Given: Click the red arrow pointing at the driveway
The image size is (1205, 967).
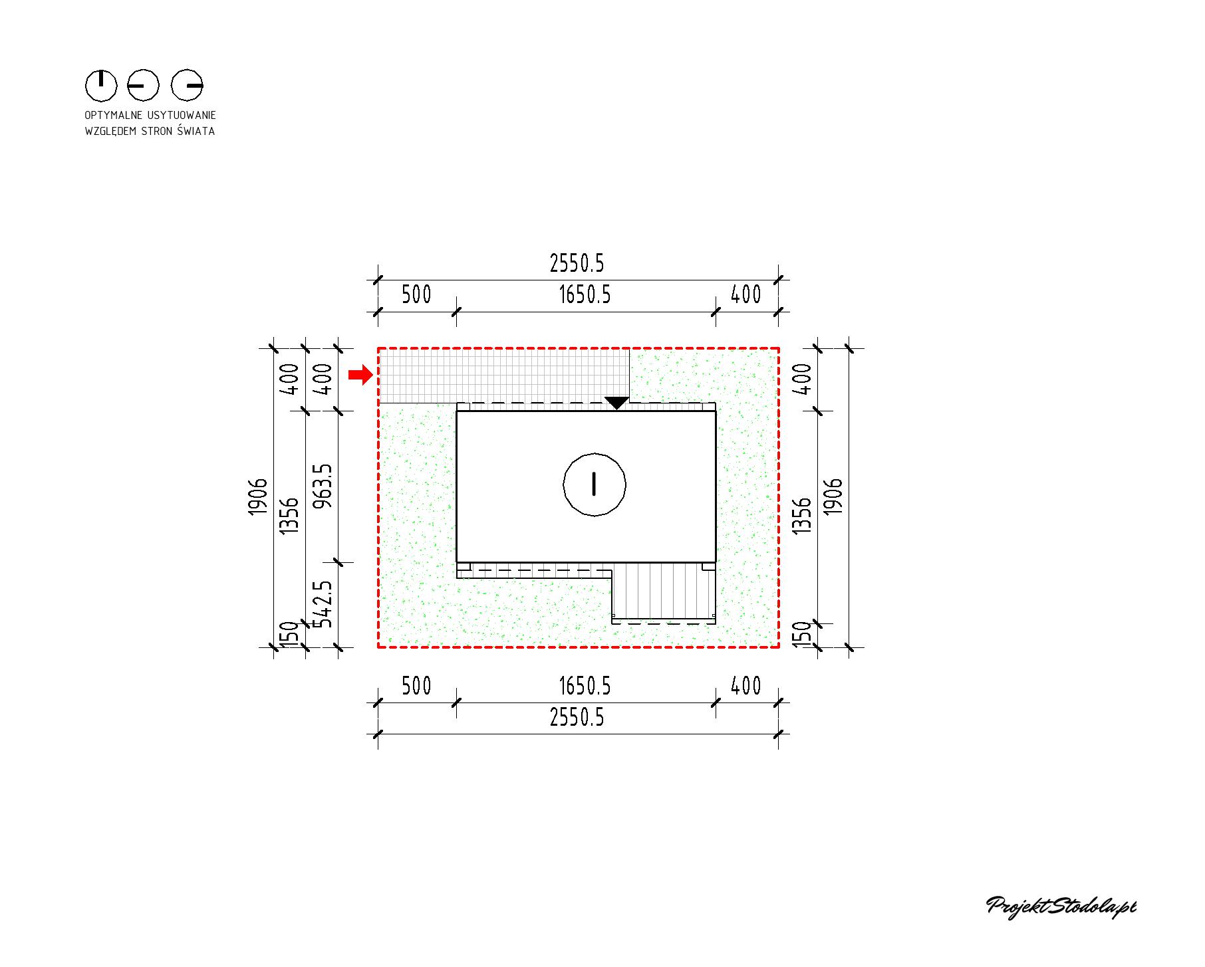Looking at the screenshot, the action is tap(360, 375).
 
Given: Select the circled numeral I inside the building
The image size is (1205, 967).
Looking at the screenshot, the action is tap(594, 484).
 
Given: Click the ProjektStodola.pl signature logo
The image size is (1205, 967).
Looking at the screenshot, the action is tap(1061, 908).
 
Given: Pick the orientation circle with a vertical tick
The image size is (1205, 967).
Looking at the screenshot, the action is tap(101, 85).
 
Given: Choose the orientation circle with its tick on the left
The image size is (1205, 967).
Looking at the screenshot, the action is tap(144, 85).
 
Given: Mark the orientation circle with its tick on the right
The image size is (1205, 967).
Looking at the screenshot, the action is tap(187, 85).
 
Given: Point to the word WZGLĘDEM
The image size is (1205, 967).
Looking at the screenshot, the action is tap(108, 131).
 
